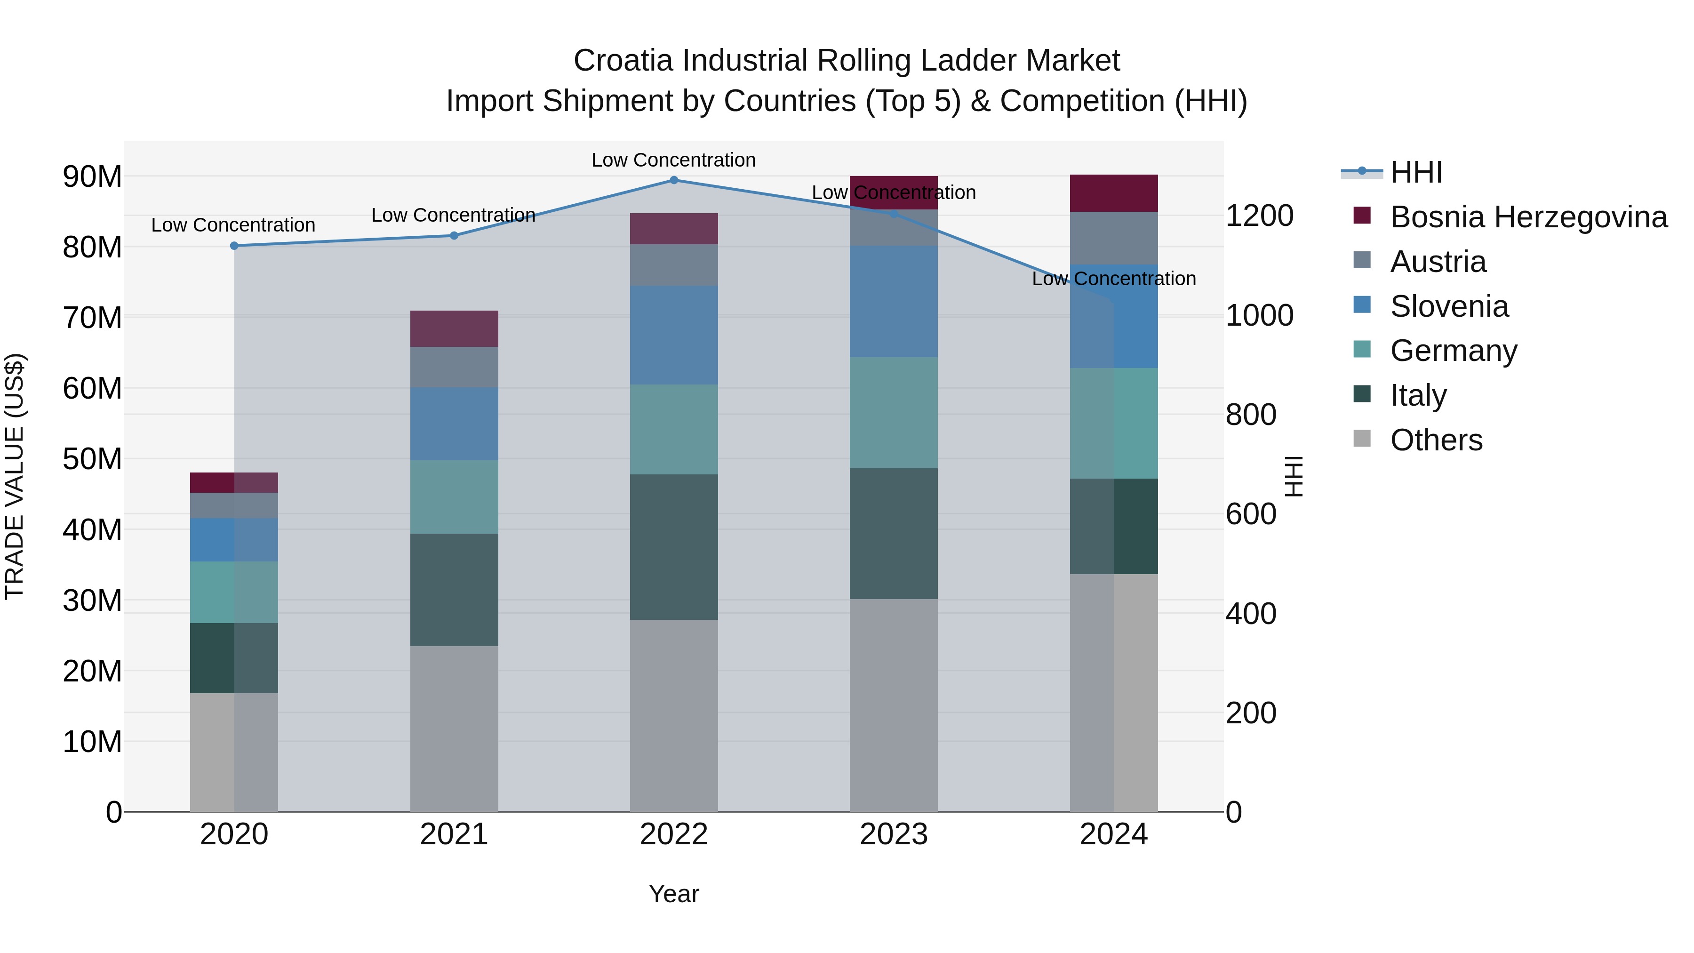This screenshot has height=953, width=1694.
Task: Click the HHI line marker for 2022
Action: pos(673,180)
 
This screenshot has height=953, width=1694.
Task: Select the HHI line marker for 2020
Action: pos(234,245)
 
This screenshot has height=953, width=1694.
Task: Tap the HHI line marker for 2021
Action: pos(454,235)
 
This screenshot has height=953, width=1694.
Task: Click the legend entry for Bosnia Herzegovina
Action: pos(1527,217)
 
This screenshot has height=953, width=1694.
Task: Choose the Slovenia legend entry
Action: pos(1449,306)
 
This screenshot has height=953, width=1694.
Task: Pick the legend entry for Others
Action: pos(1436,440)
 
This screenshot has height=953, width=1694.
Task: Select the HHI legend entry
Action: pos(1416,172)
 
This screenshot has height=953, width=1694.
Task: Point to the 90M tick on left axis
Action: pos(92,177)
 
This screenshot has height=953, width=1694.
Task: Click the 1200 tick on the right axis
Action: pos(1259,216)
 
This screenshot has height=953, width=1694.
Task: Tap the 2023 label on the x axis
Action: pos(893,834)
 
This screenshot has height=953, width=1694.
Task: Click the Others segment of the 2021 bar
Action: pos(454,728)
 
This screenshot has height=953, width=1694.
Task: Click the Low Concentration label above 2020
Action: pos(233,225)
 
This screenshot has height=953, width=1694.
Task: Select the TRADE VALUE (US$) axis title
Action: pos(15,476)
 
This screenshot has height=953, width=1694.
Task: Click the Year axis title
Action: pos(673,894)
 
